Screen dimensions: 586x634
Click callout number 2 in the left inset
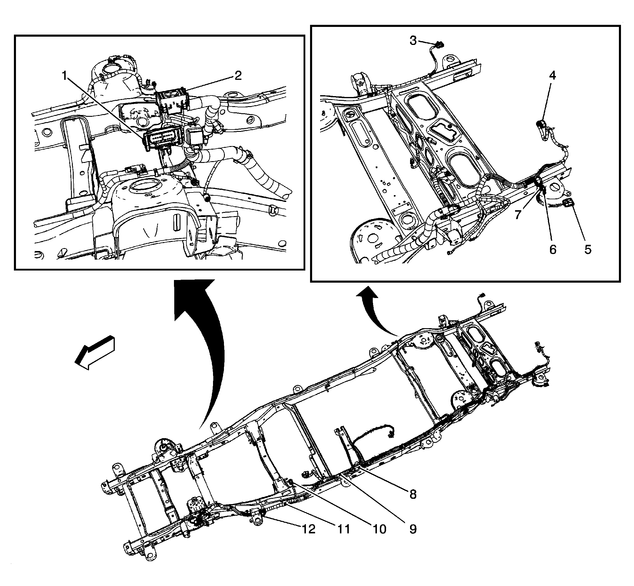[238, 75]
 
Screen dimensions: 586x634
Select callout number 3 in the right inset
[413, 41]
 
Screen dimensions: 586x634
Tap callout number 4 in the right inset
[552, 75]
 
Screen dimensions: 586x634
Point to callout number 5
[588, 250]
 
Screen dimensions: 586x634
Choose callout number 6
[553, 250]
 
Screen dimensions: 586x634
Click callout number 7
[518, 215]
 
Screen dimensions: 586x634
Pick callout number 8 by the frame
[413, 494]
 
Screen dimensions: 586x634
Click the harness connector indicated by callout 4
[541, 124]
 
